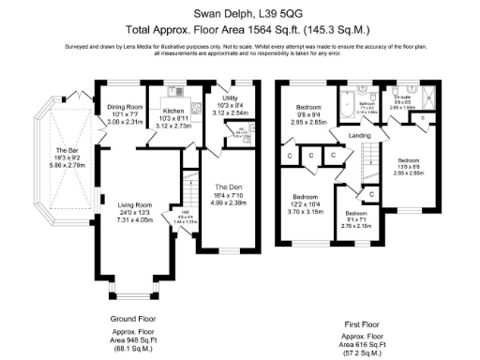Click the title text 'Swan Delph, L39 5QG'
tap(239, 14)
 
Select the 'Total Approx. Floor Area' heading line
tap(239, 29)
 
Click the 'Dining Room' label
tap(124, 107)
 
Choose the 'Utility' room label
tap(230, 97)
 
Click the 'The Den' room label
tap(229, 187)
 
